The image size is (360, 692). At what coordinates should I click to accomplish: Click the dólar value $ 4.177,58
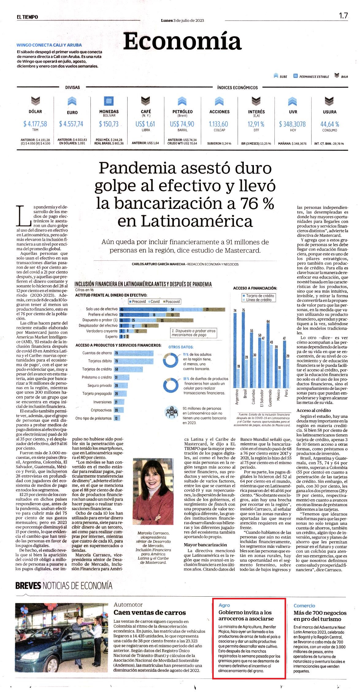(x=35, y=124)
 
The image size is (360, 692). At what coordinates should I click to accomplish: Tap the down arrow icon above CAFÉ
(x=146, y=101)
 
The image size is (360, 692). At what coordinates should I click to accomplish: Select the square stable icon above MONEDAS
(x=109, y=101)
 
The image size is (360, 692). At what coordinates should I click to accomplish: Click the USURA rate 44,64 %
(x=330, y=124)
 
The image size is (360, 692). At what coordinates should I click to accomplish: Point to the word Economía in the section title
(x=182, y=41)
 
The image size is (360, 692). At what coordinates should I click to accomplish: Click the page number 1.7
(x=343, y=16)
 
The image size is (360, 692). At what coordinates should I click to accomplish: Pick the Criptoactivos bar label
(x=101, y=410)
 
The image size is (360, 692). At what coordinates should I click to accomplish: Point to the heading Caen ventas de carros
(x=150, y=613)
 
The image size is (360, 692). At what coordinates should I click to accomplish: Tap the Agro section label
(x=224, y=605)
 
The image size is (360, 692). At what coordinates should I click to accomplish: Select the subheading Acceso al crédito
(x=314, y=410)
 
